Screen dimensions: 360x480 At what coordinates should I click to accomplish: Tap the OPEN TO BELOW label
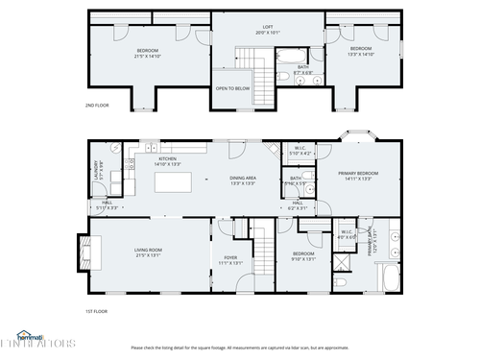(232, 87)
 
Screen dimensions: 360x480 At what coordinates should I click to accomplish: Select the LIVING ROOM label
(148, 252)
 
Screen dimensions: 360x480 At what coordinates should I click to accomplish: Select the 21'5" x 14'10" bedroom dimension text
(148, 55)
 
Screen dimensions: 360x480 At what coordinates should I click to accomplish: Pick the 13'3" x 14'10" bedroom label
(360, 52)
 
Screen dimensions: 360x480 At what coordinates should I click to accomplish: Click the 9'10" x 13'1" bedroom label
(303, 256)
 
